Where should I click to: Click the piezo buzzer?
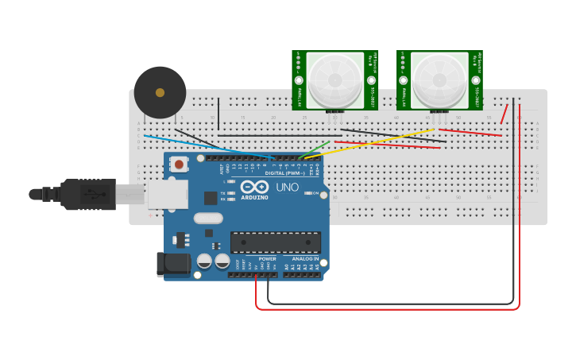160,93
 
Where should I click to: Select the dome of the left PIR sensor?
335,79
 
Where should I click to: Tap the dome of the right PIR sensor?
439,79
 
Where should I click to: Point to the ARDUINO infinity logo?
254,187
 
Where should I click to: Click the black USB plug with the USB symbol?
87,194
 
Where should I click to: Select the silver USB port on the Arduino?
167,194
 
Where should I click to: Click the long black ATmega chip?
276,242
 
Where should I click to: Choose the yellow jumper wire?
373,142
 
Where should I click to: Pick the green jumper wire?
316,149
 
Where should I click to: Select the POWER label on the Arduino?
267,258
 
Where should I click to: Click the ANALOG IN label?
305,258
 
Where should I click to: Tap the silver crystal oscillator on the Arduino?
207,218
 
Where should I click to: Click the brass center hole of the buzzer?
160,93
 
